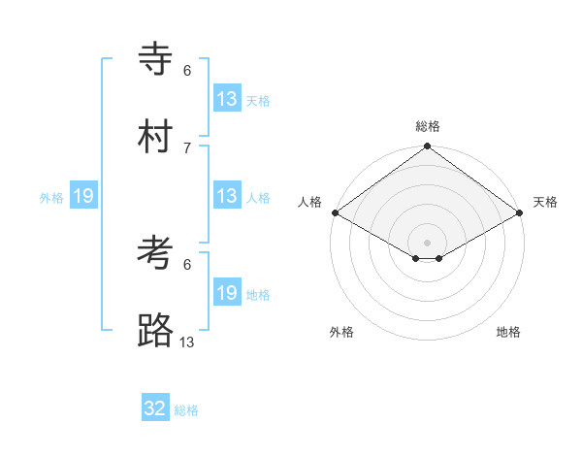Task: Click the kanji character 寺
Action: pos(155,59)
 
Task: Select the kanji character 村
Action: pos(155,137)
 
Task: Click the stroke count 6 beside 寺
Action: pos(187,70)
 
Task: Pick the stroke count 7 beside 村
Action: pos(187,147)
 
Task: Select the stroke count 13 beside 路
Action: pos(187,342)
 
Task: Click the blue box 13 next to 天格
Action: pos(227,99)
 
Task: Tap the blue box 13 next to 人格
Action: pos(227,196)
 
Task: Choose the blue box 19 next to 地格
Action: pos(227,293)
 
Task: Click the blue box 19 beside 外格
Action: pos(83,196)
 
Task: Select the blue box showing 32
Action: pos(155,408)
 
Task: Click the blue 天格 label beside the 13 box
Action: pos(258,101)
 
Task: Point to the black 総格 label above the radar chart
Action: pos(427,126)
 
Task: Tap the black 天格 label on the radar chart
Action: pos(545,202)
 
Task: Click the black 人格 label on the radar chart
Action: pos(309,202)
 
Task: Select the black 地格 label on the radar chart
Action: pos(508,332)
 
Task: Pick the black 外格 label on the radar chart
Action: pos(341,332)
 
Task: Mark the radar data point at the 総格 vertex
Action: pos(427,147)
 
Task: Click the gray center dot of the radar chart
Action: pos(427,242)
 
